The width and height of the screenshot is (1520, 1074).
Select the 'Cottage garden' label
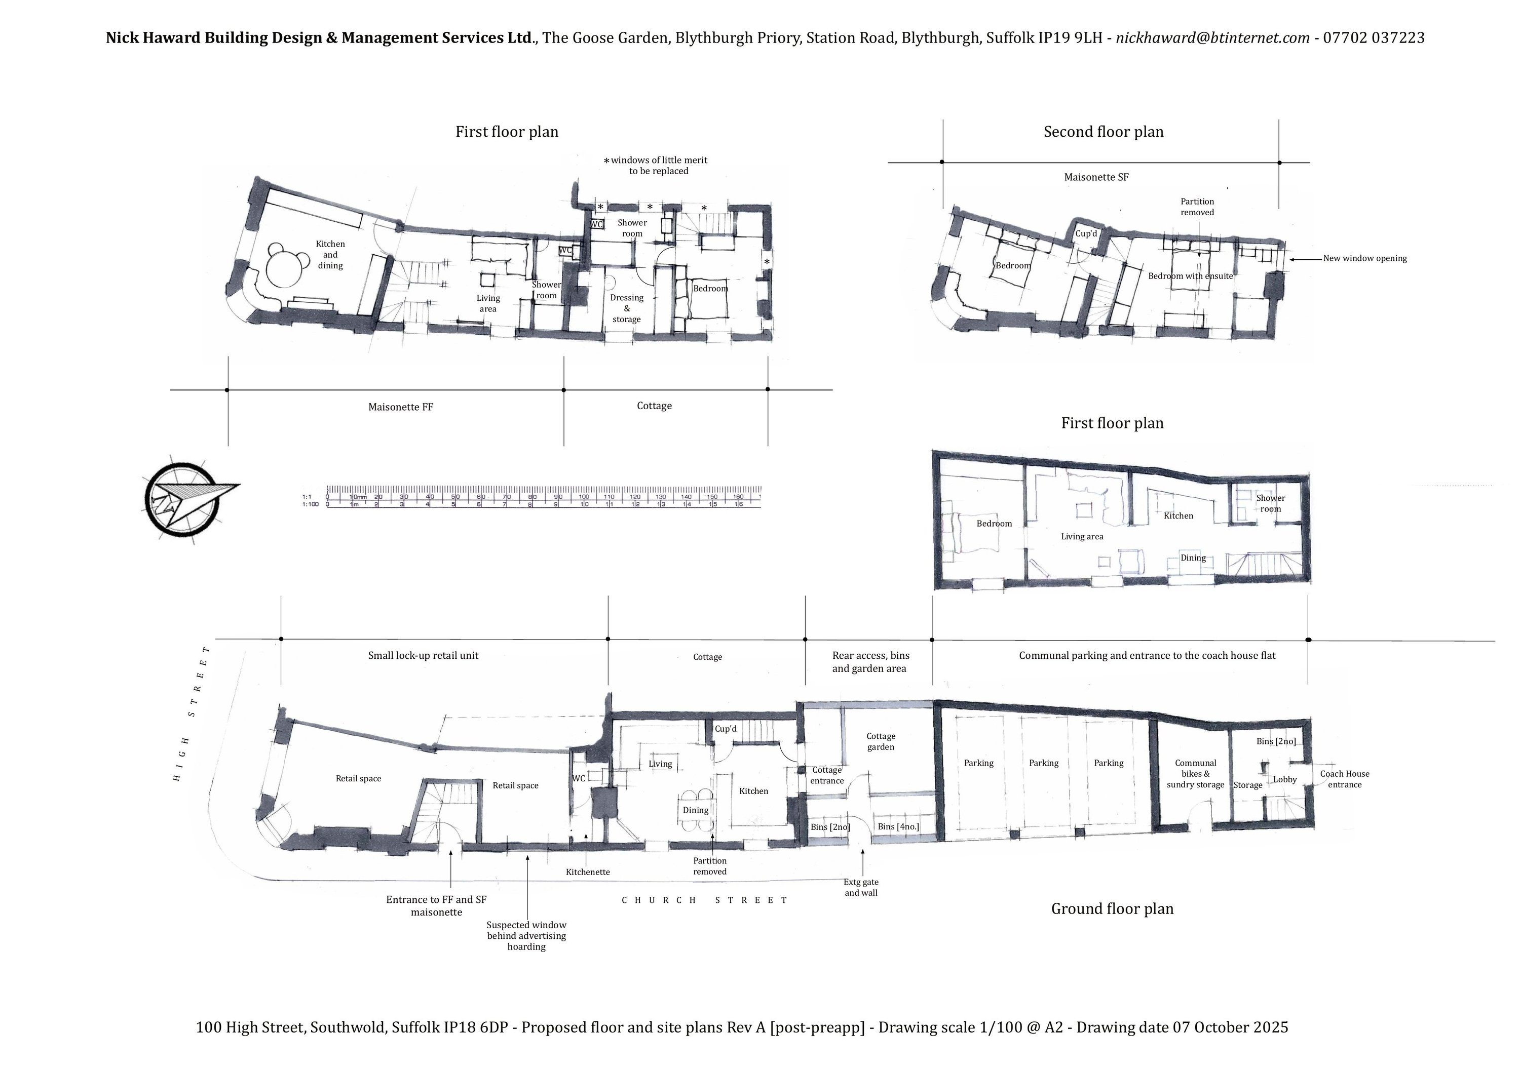(881, 741)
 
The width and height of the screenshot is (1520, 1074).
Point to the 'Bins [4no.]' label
(898, 826)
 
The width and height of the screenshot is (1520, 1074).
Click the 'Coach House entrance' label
(1345, 779)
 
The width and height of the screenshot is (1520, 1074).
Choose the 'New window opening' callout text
(1365, 258)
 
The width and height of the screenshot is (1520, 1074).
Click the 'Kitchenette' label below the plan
(588, 871)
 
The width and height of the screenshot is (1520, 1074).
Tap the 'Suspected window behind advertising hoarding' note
(526, 936)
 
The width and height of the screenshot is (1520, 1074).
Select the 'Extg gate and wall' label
(861, 887)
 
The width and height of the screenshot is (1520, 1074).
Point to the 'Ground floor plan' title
(1112, 908)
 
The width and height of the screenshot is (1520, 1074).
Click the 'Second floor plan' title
(1104, 132)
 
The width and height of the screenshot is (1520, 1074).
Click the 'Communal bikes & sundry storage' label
(1196, 774)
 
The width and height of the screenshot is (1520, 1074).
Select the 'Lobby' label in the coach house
(1285, 779)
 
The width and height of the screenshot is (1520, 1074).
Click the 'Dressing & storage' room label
(626, 308)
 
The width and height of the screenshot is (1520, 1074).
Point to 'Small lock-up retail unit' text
(423, 655)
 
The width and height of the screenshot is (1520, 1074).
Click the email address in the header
(1213, 37)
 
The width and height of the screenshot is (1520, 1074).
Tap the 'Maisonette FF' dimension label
(401, 407)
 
